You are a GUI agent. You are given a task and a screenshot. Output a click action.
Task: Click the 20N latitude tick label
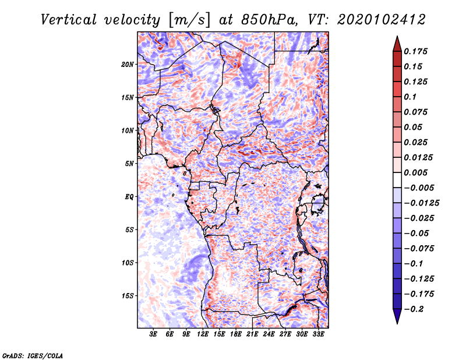(127, 65)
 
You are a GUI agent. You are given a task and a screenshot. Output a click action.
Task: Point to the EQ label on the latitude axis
(129, 197)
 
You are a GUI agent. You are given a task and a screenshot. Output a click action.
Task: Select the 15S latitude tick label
(127, 296)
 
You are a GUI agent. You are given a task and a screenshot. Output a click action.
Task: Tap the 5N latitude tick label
(129, 164)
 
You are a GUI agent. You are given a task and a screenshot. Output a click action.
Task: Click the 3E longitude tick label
(153, 334)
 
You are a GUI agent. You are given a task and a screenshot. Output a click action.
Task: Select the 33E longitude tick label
(318, 334)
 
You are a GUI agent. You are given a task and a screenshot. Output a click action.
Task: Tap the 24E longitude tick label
(269, 334)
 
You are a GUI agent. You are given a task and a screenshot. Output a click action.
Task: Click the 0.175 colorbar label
(415, 51)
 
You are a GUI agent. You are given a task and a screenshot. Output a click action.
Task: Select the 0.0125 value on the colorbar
(418, 157)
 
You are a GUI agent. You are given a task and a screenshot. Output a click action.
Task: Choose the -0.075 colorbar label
(419, 249)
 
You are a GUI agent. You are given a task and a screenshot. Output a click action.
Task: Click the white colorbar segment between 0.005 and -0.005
(397, 180)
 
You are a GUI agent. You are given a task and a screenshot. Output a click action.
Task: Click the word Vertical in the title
(69, 20)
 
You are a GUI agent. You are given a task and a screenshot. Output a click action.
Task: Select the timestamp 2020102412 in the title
(382, 20)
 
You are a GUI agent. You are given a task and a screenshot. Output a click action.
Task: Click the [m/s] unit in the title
(189, 20)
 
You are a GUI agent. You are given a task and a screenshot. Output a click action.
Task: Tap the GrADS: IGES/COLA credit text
(33, 355)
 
